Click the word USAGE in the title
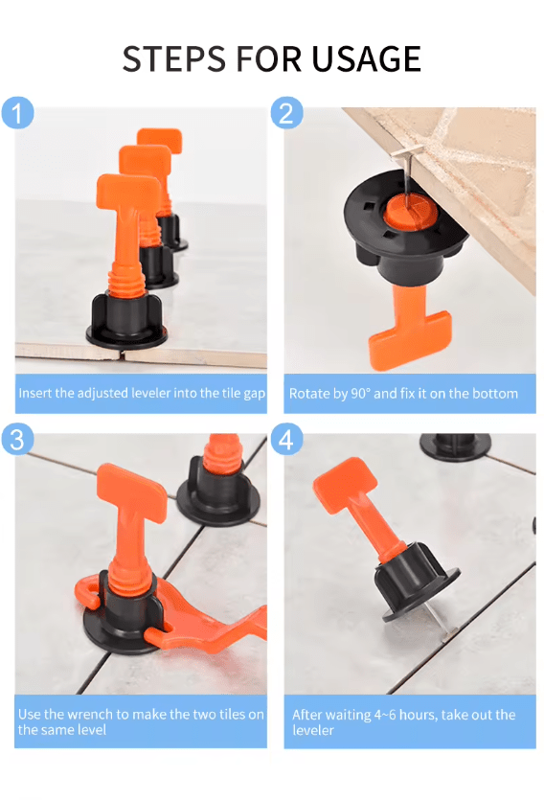tap(366, 58)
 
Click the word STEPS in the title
tap(174, 58)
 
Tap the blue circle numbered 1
tap(17, 113)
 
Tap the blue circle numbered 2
tap(286, 113)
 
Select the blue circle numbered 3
tap(17, 439)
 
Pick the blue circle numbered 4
tap(286, 439)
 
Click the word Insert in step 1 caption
tap(35, 393)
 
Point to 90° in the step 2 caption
tap(360, 394)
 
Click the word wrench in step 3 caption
tap(88, 714)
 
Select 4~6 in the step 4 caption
tap(384, 715)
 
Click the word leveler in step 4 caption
tap(313, 730)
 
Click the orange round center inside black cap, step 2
tap(410, 210)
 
